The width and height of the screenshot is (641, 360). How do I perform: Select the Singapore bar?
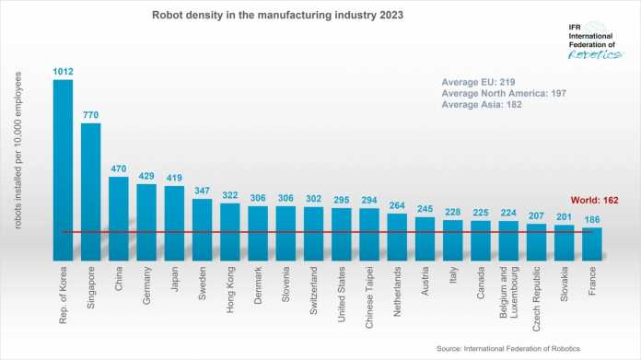click(x=91, y=189)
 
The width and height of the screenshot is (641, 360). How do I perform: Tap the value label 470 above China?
click(x=119, y=168)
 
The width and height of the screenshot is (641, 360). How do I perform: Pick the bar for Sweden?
click(x=203, y=226)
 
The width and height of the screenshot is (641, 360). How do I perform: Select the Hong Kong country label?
click(x=230, y=291)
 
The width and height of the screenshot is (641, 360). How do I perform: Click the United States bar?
click(x=342, y=232)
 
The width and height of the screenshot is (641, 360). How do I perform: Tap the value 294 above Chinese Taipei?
click(x=369, y=200)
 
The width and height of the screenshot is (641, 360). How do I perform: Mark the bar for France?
click(x=591, y=242)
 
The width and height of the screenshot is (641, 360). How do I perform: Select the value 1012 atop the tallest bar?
click(x=64, y=70)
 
